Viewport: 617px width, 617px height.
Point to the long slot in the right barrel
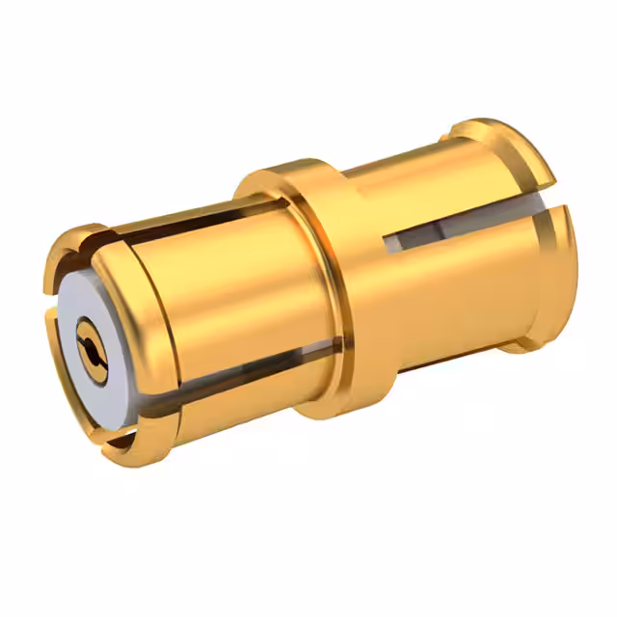click(463, 227)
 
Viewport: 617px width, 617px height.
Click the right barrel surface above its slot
click(434, 188)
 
